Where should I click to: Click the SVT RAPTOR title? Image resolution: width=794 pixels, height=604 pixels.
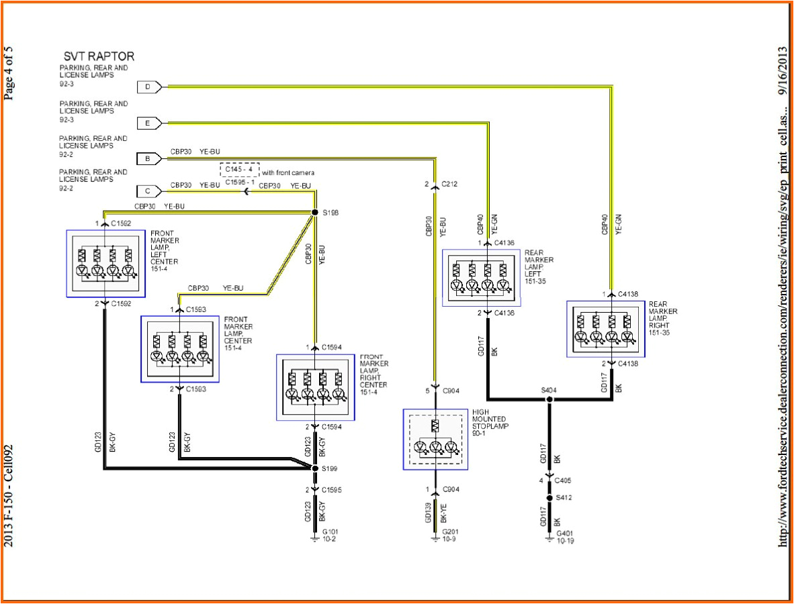point(99,56)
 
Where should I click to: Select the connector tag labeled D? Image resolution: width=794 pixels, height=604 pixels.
point(148,87)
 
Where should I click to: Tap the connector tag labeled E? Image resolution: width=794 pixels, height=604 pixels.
point(148,123)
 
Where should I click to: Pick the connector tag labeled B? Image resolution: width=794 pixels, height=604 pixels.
point(148,159)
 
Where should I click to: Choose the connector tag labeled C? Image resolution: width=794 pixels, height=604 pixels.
point(148,191)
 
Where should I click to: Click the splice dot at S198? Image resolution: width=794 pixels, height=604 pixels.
point(314,213)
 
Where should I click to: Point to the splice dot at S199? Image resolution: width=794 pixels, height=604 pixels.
point(314,468)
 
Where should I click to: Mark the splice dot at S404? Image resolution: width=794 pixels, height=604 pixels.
point(549,399)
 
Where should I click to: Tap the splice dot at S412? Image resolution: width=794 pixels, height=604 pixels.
point(549,499)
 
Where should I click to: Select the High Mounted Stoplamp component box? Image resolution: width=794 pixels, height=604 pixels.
point(435,439)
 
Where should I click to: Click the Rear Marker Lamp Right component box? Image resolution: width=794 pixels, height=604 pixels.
point(605,329)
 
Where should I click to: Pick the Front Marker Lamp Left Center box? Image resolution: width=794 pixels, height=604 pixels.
point(106,263)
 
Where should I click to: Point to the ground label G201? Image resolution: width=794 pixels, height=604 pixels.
point(450,532)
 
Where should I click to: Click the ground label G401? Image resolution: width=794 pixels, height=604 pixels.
point(565,534)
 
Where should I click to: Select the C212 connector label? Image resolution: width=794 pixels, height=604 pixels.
point(449,184)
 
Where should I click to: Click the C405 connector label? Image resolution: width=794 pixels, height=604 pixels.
point(563,481)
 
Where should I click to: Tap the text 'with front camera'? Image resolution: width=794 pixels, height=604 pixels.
point(288,172)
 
